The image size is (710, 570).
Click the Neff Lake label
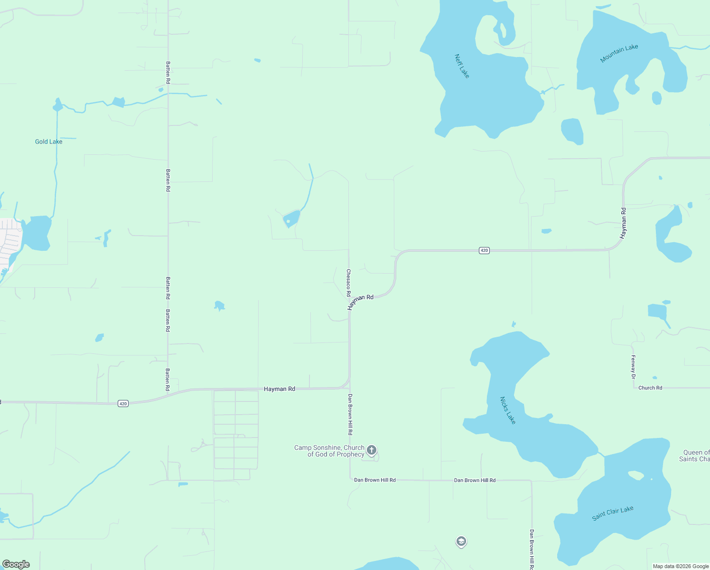[x=461, y=66]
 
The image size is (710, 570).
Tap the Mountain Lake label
[x=619, y=53]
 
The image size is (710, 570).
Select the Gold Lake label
[x=48, y=142]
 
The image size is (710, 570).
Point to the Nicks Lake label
[x=507, y=410]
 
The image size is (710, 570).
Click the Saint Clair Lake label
[x=613, y=513]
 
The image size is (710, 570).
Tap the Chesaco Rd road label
[x=348, y=283]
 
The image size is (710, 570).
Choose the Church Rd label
[x=650, y=388]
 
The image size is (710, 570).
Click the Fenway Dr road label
[x=633, y=367]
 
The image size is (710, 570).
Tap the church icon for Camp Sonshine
[x=372, y=450]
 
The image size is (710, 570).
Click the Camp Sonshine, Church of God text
[x=329, y=451]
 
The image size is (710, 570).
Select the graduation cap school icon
[x=461, y=541]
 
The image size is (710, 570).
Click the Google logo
[x=16, y=564]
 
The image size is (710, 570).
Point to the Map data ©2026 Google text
[x=681, y=566]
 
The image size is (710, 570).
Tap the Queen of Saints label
[x=695, y=456]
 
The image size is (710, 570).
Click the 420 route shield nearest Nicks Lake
[x=484, y=250]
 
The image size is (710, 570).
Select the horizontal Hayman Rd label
[x=279, y=389]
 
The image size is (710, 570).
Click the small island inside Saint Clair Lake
[x=635, y=475]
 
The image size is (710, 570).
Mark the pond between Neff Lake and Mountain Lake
[x=572, y=131]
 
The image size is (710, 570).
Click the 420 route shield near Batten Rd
[x=123, y=403]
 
